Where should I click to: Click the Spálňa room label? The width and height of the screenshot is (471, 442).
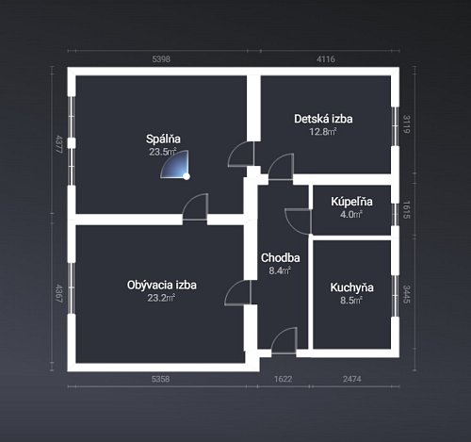(163, 139)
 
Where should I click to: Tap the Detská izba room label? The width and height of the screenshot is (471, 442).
(323, 119)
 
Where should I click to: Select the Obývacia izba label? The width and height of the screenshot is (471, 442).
(162, 285)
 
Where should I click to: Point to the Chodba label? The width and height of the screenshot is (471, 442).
(280, 257)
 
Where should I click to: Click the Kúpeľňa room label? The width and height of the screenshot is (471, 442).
(351, 202)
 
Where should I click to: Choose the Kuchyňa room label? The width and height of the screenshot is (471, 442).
(351, 287)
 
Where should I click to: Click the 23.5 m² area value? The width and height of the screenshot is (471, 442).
(163, 152)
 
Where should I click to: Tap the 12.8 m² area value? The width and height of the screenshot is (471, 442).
(323, 131)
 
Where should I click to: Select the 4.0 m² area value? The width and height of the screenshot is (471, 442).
(351, 215)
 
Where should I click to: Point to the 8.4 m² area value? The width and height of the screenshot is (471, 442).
(280, 270)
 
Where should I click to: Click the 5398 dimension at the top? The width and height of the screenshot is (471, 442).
(161, 59)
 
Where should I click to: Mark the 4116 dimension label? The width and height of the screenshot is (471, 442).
(326, 59)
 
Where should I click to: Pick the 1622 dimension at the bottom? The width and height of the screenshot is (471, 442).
(283, 379)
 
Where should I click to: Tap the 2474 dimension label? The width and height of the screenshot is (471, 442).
(352, 379)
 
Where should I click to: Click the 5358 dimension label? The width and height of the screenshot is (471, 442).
(160, 379)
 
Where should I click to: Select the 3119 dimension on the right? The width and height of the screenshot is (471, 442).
(407, 124)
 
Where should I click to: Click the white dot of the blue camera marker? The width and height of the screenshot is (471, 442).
(187, 176)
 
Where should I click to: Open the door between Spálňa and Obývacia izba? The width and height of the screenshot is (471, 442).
(195, 206)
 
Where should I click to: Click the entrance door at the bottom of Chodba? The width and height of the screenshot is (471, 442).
(284, 341)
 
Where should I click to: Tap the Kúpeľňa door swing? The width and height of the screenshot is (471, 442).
(299, 221)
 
